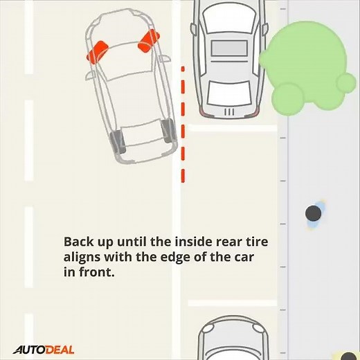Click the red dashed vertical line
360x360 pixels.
pos(183,125)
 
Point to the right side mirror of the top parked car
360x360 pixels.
pos(264,28)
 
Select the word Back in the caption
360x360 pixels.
pos(77,243)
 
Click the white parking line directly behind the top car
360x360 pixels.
pos(232,128)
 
